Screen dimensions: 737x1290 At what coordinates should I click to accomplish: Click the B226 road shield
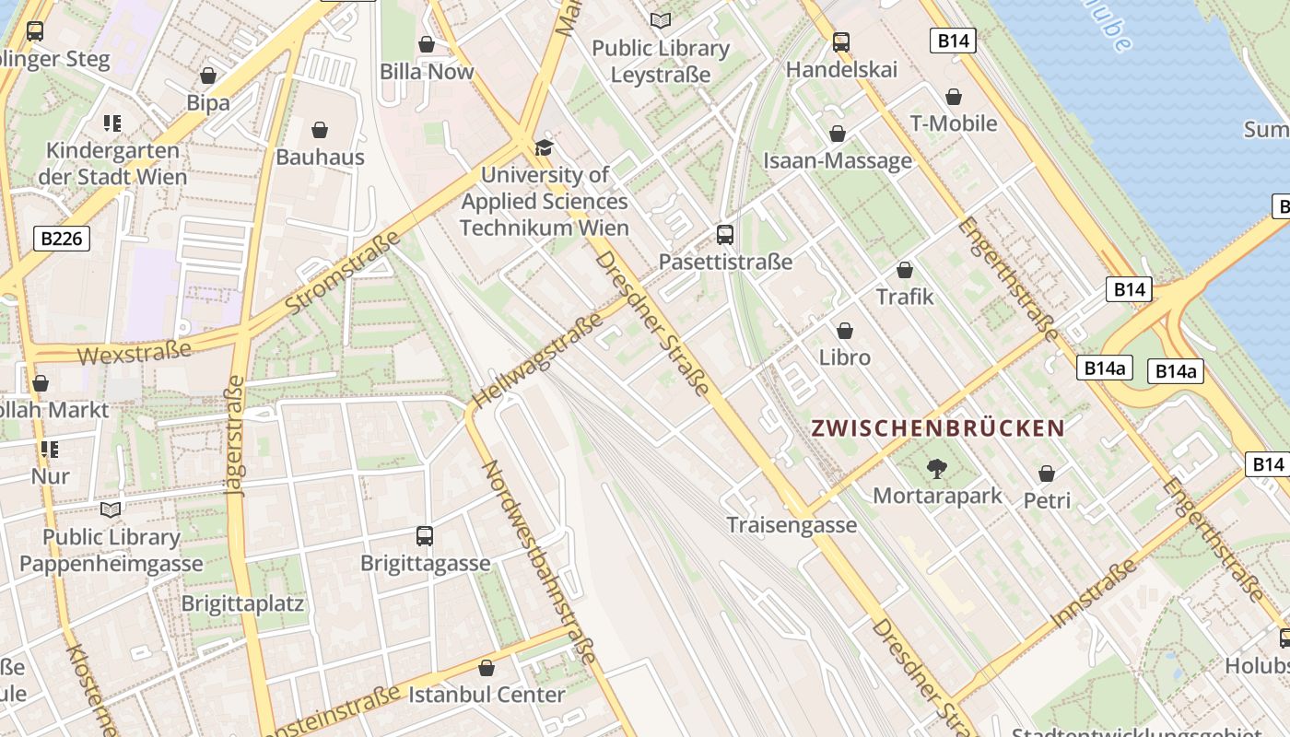pyautogui.click(x=63, y=239)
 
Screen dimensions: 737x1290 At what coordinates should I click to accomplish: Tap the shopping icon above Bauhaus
pyautogui.click(x=320, y=130)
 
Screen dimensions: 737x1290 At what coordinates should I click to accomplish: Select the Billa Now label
pyautogui.click(x=427, y=72)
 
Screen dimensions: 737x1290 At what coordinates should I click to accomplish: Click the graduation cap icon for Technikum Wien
pyautogui.click(x=544, y=147)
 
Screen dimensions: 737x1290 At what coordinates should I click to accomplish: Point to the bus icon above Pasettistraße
pyautogui.click(x=725, y=235)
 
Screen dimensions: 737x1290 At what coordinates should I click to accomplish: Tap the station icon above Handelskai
pyautogui.click(x=840, y=42)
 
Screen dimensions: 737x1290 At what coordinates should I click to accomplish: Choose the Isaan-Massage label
pyautogui.click(x=838, y=161)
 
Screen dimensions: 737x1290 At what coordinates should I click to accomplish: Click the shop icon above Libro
pyautogui.click(x=845, y=331)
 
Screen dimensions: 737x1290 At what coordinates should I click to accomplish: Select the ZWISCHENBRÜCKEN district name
pyautogui.click(x=938, y=428)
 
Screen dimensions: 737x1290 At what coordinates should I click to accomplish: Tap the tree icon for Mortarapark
pyautogui.click(x=937, y=469)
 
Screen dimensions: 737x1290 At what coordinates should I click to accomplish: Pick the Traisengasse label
pyautogui.click(x=792, y=525)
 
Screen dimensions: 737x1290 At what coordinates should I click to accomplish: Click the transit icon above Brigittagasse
pyautogui.click(x=425, y=536)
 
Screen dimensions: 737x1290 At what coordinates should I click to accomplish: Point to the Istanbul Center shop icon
pyautogui.click(x=487, y=668)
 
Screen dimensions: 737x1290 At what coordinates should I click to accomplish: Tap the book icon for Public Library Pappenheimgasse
pyautogui.click(x=111, y=509)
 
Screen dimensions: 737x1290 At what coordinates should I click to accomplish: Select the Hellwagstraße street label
pyautogui.click(x=539, y=358)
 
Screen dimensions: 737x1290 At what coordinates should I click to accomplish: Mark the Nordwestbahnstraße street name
pyautogui.click(x=539, y=561)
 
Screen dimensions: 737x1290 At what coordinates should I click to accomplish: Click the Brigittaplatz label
pyautogui.click(x=242, y=604)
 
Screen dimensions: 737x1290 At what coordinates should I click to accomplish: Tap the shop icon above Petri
pyautogui.click(x=1047, y=474)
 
